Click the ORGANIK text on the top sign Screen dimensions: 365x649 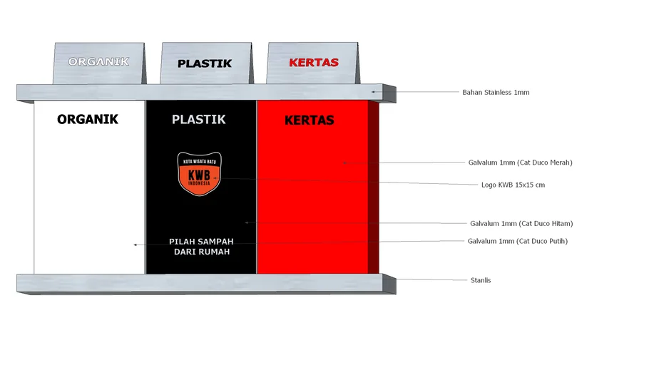98,62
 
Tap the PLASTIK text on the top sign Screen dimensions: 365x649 205,63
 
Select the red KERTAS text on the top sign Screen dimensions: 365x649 313,63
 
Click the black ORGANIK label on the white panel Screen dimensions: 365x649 88,119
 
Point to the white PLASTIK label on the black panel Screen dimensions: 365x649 199,120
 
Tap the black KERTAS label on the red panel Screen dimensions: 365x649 310,120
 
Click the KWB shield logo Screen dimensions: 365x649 200,173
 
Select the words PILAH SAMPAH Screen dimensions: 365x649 201,242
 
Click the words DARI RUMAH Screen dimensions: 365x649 201,252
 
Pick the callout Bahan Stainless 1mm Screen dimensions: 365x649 496,93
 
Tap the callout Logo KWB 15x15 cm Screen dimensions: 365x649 513,185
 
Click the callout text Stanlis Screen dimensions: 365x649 481,280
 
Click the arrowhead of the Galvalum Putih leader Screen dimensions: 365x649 135,245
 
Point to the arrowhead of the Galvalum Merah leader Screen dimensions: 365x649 344,163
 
